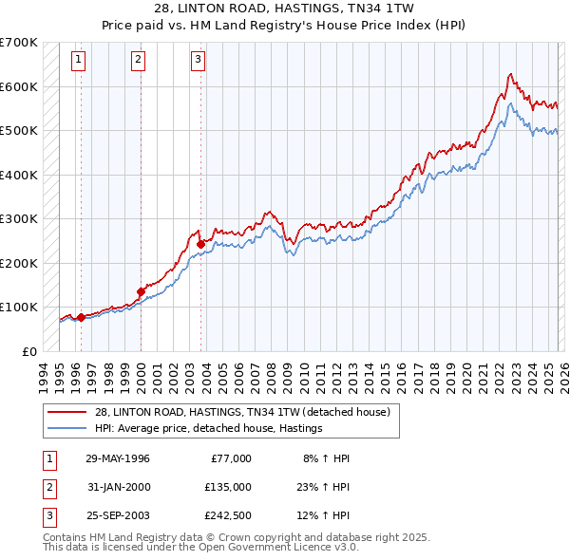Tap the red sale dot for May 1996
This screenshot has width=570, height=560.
coord(81,318)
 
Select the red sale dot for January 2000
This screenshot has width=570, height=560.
coord(141,292)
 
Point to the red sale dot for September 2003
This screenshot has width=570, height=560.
coord(200,244)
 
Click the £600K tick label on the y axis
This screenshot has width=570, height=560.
coord(18,86)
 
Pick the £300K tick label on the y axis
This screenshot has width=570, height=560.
coord(18,219)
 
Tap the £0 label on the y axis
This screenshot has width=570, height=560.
coord(28,351)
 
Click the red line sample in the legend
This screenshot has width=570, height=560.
coord(68,411)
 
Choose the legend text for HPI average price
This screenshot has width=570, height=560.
coord(209,428)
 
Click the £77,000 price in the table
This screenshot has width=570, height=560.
coord(230,458)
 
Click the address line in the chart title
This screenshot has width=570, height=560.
coord(284,8)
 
